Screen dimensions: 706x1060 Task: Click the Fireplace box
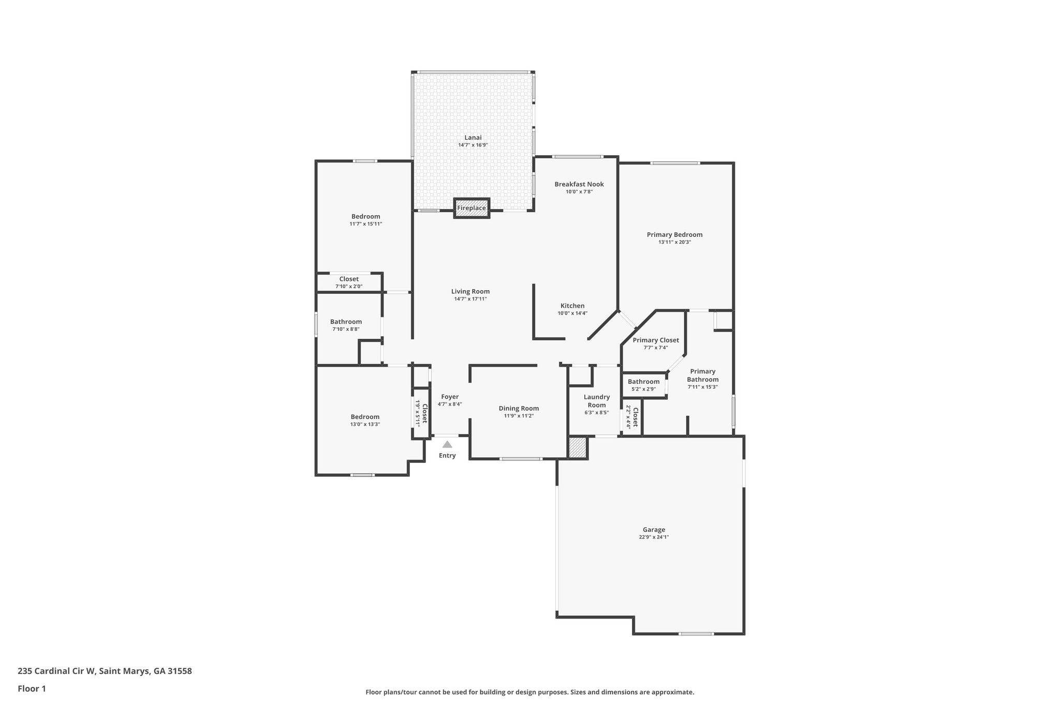click(472, 208)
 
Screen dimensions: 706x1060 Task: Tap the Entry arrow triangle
click(447, 444)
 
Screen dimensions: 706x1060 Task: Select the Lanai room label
click(473, 138)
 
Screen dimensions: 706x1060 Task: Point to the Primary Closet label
click(656, 340)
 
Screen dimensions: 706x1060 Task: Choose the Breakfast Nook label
click(579, 184)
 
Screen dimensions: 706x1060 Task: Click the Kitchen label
click(572, 306)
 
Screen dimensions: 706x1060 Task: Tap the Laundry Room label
click(597, 401)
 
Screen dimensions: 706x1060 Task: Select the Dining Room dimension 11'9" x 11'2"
click(519, 416)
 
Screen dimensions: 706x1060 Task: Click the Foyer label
click(450, 397)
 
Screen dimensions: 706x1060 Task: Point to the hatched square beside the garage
click(578, 447)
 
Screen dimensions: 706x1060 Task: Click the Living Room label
click(470, 291)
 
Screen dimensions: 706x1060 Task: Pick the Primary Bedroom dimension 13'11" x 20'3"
click(674, 242)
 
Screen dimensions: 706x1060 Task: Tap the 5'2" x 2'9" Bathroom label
click(643, 382)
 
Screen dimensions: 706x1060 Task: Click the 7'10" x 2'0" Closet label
click(349, 279)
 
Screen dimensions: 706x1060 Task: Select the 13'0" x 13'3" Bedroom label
click(365, 417)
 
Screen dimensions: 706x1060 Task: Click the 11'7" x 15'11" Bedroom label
click(365, 217)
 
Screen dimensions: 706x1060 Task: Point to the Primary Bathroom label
click(703, 375)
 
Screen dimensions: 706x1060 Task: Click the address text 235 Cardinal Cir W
click(56, 671)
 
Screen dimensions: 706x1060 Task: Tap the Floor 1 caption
click(32, 688)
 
